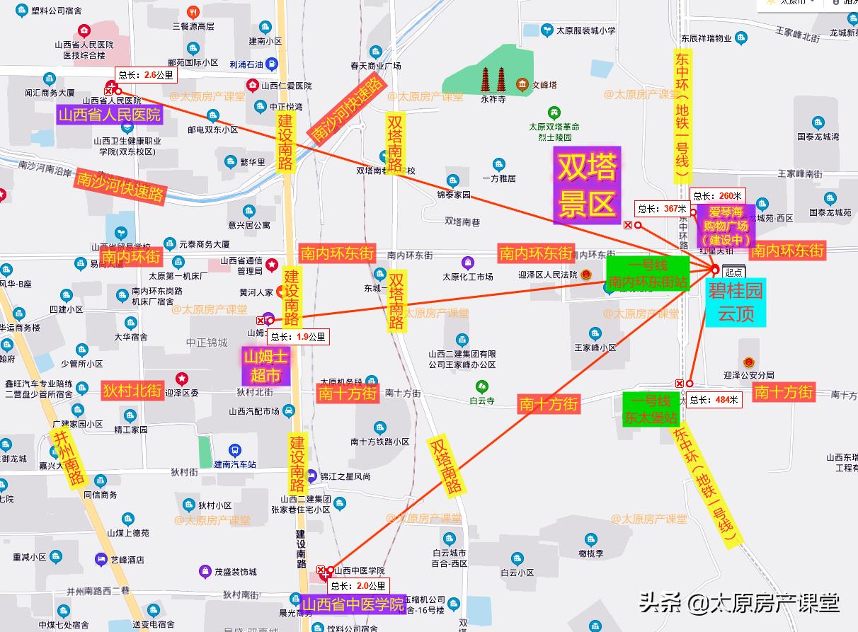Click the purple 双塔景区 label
588,186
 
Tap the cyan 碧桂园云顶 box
736,302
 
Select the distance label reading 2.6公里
144,74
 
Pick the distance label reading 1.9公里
298,337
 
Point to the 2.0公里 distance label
360,585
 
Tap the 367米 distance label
662,208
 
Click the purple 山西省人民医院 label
110,115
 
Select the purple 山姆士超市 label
266,365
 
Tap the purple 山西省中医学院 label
353,604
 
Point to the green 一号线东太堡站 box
649,409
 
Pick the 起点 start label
734,272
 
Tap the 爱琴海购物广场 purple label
728,226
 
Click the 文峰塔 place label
544,86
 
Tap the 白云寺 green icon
482,386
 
